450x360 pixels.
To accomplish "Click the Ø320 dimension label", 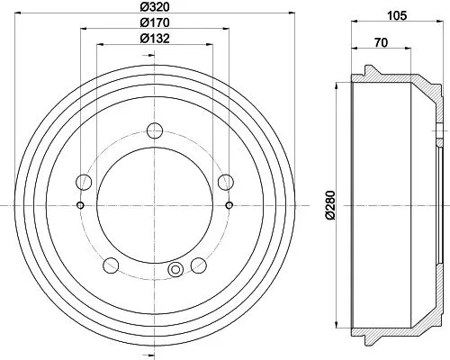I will point(154,7).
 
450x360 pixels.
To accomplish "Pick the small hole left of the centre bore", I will point(80,205).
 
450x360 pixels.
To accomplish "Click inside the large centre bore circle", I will point(154,205).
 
